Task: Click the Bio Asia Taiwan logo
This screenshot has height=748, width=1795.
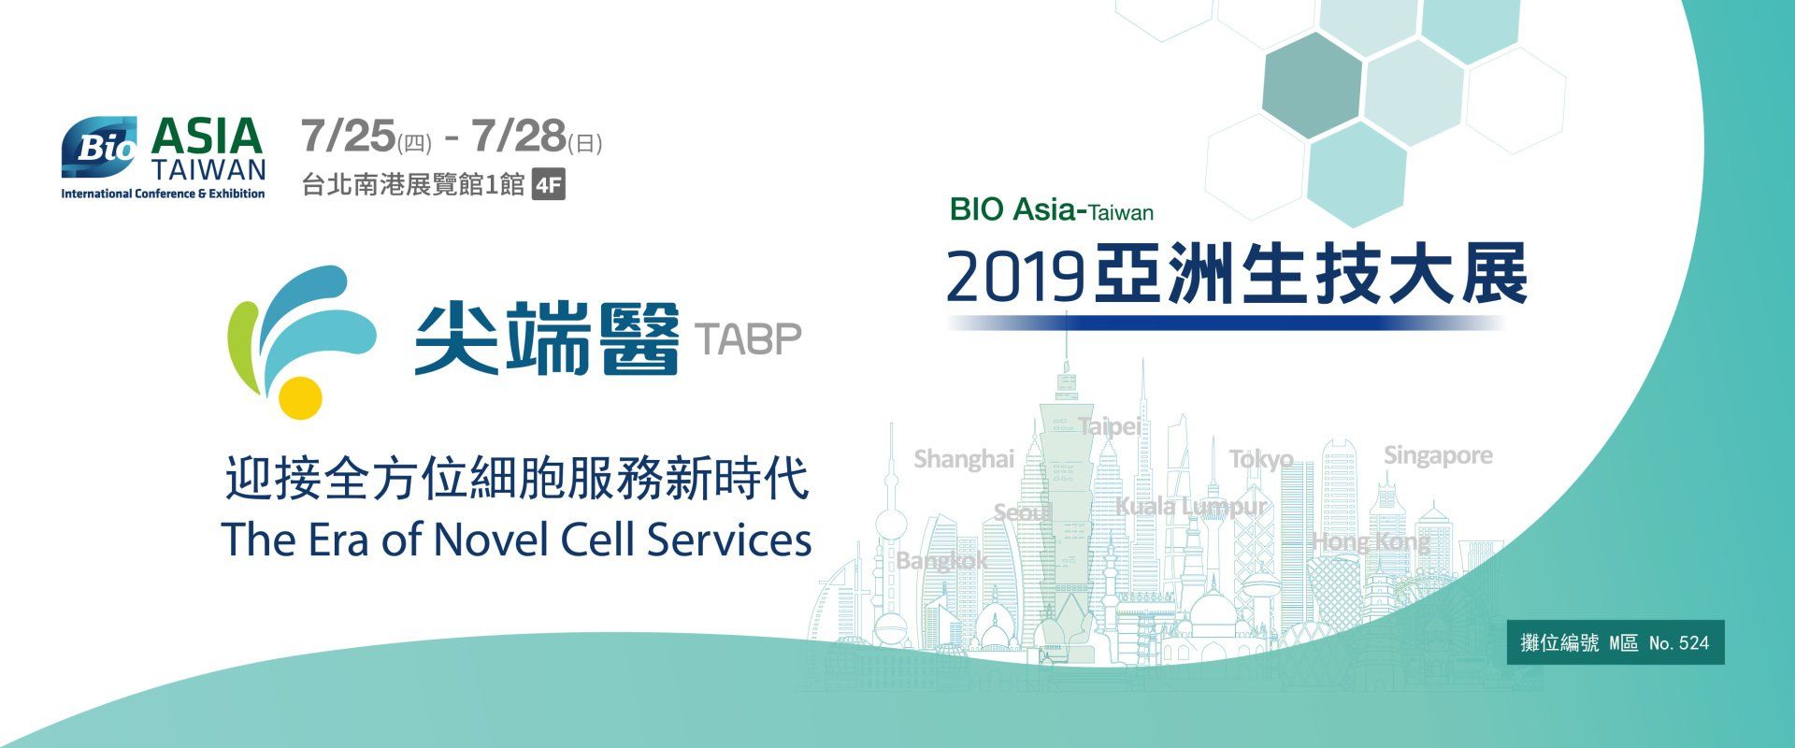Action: [164, 157]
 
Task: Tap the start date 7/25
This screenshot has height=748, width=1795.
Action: [349, 137]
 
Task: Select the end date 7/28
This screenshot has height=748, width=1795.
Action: [519, 137]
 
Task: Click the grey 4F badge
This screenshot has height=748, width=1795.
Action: [548, 185]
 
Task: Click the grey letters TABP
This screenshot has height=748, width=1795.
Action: [749, 339]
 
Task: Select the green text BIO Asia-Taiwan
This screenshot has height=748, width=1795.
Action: [1052, 209]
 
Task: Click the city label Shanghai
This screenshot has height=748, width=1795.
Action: [964, 459]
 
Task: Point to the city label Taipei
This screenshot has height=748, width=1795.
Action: [1110, 426]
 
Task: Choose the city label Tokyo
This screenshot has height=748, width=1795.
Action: [1261, 459]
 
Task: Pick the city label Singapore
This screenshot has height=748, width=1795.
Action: [1438, 455]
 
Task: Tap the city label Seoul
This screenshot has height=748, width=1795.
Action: [1023, 512]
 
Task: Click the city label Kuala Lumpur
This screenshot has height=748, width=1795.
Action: [1191, 507]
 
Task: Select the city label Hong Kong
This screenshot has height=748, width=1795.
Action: [1371, 541]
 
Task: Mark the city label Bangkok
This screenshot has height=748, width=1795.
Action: [941, 561]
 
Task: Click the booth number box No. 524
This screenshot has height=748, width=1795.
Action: [1615, 642]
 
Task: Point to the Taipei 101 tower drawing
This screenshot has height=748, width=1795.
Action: [1066, 486]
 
